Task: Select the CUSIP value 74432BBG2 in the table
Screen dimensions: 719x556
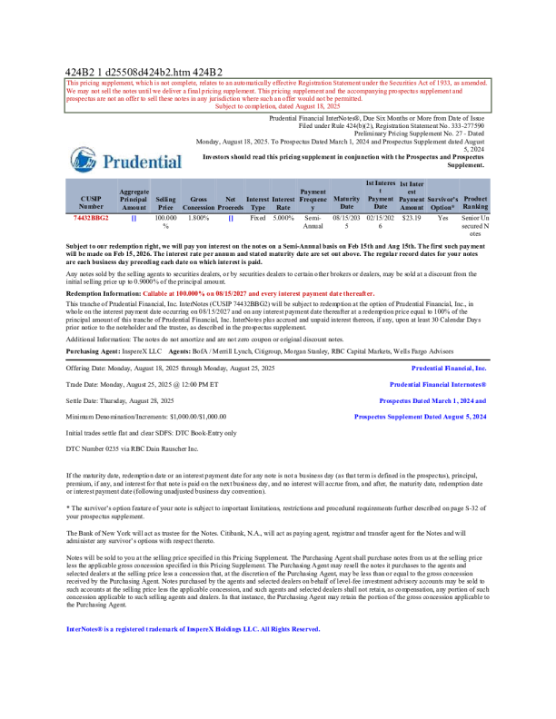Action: [91, 219]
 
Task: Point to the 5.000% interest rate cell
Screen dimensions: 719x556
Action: [283, 219]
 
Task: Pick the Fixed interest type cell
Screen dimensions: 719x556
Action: [258, 219]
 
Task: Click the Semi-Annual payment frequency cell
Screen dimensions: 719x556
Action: [313, 222]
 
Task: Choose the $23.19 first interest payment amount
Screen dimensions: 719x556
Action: [412, 219]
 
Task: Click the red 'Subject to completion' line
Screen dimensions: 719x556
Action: [277, 106]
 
